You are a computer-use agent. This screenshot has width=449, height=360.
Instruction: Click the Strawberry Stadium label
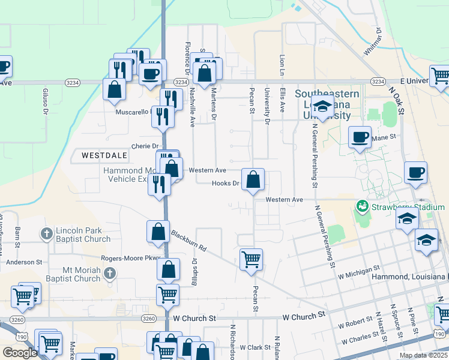click(x=408, y=207)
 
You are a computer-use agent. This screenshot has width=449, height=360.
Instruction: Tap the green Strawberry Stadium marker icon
click(x=362, y=207)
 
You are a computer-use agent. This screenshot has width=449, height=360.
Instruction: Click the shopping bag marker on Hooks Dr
click(x=253, y=179)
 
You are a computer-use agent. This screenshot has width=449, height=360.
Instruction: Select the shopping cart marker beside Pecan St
click(x=251, y=260)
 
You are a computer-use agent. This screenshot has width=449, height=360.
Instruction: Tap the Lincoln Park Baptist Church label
click(x=83, y=235)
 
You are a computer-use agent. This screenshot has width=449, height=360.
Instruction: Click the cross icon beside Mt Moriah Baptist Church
click(x=109, y=274)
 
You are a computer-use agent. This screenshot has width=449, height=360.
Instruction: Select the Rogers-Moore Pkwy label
click(x=131, y=258)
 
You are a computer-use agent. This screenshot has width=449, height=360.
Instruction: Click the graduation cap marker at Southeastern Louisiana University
click(x=322, y=107)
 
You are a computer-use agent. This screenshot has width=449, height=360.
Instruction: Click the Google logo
click(x=20, y=352)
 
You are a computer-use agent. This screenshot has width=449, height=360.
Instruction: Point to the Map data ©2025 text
click(x=423, y=355)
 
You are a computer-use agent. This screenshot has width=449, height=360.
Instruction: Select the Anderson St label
click(x=25, y=262)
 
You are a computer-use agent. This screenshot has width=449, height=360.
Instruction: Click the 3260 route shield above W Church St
click(x=150, y=319)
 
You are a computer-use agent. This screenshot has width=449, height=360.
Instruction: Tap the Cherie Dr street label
click(x=145, y=146)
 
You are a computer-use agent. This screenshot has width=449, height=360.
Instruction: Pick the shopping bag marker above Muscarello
click(x=114, y=90)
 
